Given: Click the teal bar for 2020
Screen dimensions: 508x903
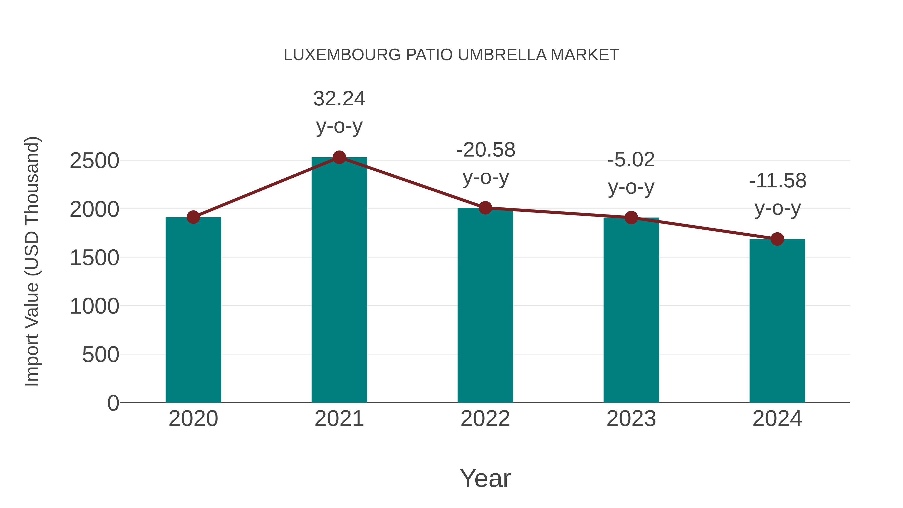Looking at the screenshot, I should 193,310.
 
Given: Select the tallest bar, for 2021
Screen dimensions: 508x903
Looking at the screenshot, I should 339,280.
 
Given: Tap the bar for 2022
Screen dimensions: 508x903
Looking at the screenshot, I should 485,305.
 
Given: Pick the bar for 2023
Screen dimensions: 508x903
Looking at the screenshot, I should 631,310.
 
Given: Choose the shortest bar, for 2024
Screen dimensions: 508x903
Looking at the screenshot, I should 777,321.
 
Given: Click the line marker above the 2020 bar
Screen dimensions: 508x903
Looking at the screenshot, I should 193,217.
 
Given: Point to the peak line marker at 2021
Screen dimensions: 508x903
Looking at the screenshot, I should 339,157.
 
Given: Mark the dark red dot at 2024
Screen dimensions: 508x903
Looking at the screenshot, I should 777,239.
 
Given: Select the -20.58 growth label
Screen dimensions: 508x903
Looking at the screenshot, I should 486,163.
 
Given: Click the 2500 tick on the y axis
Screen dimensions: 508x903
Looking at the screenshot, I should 94,161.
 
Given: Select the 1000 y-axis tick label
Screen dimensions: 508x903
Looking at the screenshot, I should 94,306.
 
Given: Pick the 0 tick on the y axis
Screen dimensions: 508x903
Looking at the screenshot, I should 113,403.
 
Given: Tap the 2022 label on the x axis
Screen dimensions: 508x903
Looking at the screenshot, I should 485,419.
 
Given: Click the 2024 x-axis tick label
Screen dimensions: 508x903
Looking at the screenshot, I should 777,419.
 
